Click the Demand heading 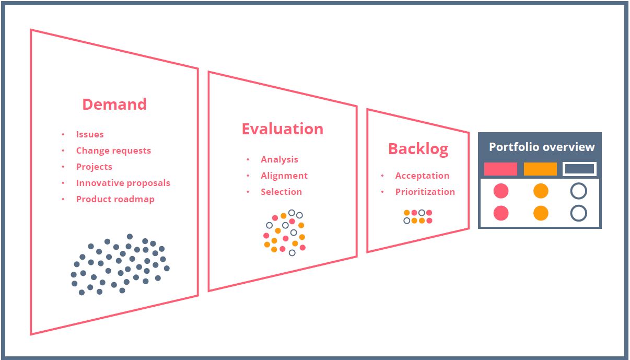pos(114,104)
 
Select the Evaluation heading pos(282,129)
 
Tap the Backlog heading pos(418,149)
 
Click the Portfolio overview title pos(542,147)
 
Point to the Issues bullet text pos(90,134)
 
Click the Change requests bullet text pos(113,150)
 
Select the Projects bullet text pos(94,167)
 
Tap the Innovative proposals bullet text pos(123,183)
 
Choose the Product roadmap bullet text pos(115,199)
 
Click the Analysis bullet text pos(279,159)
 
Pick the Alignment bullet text pos(284,176)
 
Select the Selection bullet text pos(281,192)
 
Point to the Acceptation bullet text pos(422,176)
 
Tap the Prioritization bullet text pos(425,192)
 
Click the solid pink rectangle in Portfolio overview pos(500,169)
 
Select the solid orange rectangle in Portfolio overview pos(540,169)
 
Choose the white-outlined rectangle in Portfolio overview pos(579,169)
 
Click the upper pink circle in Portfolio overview pos(501,191)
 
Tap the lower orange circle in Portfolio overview pos(541,213)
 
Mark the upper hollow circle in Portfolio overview pos(578,191)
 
